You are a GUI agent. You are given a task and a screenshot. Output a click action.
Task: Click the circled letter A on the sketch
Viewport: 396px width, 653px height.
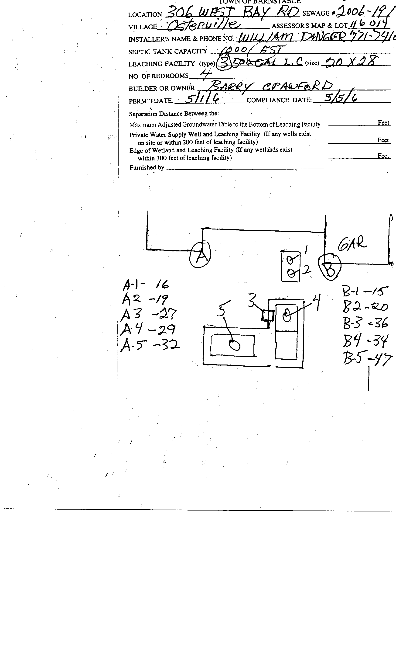(200, 255)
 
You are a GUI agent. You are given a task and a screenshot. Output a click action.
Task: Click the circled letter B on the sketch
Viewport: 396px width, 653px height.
(329, 267)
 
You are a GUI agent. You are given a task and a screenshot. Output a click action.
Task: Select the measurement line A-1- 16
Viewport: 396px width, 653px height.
(146, 284)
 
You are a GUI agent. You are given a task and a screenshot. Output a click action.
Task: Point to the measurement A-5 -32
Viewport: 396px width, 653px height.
(150, 345)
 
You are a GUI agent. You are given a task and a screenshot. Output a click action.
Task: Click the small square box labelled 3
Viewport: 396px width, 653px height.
(267, 315)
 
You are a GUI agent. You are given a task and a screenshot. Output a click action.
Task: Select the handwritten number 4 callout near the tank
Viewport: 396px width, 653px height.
(316, 302)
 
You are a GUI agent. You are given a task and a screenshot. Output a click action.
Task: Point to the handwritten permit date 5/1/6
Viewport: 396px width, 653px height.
(202, 99)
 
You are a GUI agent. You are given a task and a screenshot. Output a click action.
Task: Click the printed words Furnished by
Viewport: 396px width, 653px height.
(147, 167)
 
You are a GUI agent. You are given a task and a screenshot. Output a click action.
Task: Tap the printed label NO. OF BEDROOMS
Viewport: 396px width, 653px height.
(158, 76)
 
